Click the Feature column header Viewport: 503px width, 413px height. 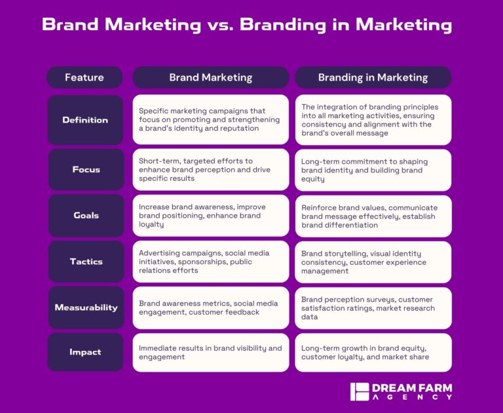coord(84,77)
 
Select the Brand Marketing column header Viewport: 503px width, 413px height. coord(210,77)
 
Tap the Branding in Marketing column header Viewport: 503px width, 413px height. coord(373,77)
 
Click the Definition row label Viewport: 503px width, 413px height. coord(85,120)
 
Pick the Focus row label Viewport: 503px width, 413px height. coord(85,170)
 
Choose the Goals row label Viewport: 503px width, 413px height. coord(85,216)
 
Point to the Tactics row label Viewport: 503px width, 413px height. coord(85,262)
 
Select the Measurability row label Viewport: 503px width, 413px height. coord(85,307)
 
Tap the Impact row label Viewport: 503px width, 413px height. coord(85,352)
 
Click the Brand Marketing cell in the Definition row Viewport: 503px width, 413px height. coord(210,120)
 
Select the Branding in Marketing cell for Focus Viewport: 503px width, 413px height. coord(373,170)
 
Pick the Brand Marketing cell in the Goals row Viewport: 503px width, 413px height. coord(210,216)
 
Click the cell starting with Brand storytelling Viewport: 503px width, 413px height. coord(373,262)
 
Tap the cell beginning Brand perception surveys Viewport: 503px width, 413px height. coord(373,308)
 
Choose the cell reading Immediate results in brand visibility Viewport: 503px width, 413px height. coord(210,353)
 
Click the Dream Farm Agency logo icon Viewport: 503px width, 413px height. coord(360,391)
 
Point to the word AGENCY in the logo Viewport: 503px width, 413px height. coord(413,397)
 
